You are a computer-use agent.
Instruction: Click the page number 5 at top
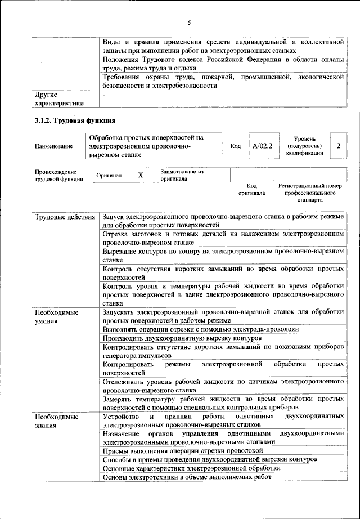190,23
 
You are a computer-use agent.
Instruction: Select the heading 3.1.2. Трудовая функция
75,121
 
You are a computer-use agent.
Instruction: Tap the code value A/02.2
262,146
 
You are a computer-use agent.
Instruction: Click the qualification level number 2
339,146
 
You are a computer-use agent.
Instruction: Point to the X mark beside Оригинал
141,176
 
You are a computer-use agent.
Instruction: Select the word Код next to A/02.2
236,146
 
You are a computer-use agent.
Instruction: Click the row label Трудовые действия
65,217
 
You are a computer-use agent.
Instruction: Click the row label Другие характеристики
59,99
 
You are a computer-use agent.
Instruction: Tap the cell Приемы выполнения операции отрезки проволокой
183,451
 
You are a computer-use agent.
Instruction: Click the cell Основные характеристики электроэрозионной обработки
191,468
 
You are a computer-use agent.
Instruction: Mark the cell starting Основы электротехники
187,477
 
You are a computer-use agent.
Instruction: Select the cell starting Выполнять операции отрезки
197,329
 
